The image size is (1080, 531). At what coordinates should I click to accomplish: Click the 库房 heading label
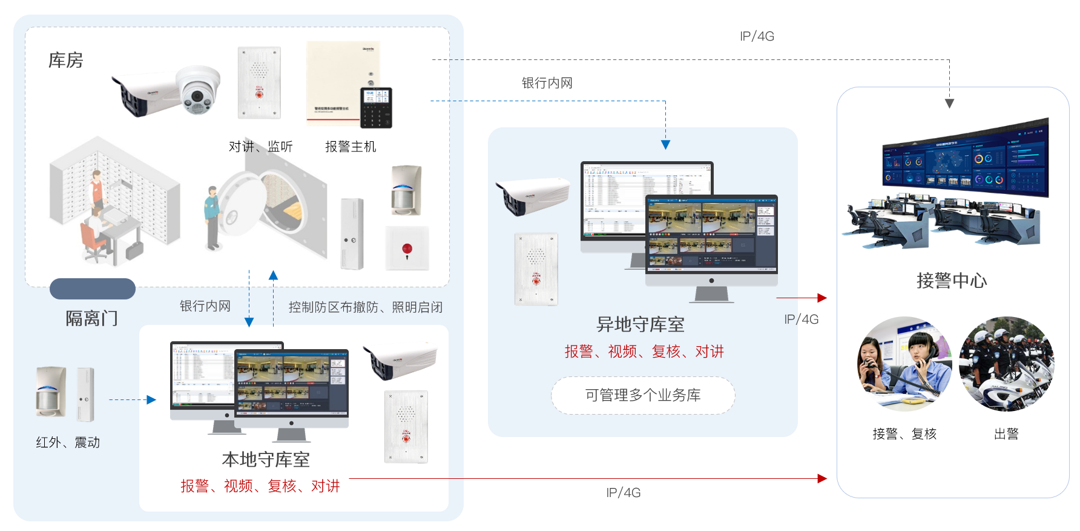click(x=65, y=61)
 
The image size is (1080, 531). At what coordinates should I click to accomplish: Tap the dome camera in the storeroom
click(x=197, y=90)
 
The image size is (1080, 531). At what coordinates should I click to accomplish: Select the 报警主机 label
click(x=351, y=147)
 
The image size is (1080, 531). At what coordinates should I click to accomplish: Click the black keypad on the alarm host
click(x=376, y=108)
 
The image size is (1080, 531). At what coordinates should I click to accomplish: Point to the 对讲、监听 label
click(x=260, y=147)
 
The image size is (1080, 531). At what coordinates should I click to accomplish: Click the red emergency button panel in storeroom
click(x=407, y=249)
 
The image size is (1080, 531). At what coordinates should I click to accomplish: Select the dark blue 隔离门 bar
click(x=93, y=289)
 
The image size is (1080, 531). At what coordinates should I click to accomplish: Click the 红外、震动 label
click(x=68, y=442)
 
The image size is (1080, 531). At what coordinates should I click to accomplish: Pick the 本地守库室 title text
click(x=266, y=459)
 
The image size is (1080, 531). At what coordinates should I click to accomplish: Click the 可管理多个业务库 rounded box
click(x=643, y=395)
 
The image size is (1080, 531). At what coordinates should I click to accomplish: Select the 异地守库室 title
click(x=640, y=324)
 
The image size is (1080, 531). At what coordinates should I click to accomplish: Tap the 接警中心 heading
click(x=952, y=281)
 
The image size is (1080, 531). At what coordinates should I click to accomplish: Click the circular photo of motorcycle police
click(x=1006, y=364)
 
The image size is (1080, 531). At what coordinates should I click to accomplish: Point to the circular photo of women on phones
click(x=904, y=364)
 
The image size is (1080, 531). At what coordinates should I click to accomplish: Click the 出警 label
click(x=1006, y=434)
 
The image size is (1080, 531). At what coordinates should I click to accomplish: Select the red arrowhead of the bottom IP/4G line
click(x=822, y=479)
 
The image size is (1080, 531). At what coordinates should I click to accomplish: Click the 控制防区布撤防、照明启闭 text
click(x=365, y=307)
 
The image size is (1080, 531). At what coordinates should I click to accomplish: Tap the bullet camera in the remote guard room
click(x=532, y=195)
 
